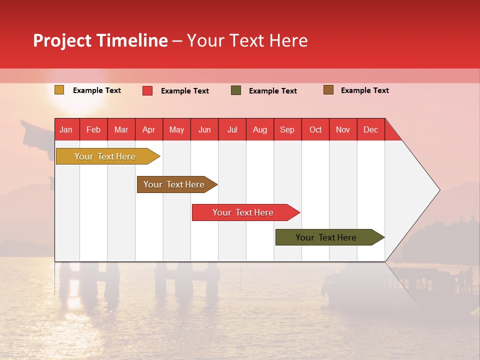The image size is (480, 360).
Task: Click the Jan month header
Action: point(66,130)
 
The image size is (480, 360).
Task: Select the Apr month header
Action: point(148,130)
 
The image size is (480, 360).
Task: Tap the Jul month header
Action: point(232,130)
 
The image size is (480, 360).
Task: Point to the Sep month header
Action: point(287,130)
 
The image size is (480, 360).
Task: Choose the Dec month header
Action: point(370,130)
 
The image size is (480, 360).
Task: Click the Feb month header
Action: point(93,130)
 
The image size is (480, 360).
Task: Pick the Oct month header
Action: point(315,130)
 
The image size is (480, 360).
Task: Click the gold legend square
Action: point(59,90)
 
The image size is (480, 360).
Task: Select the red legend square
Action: point(147,90)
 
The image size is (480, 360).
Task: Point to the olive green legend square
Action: point(236,90)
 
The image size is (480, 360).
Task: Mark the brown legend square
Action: point(328,90)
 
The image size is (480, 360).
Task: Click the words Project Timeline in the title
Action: point(100,40)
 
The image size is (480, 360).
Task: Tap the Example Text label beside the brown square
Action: point(364,90)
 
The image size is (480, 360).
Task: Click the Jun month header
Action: point(204,130)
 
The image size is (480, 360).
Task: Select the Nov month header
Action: point(343,130)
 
